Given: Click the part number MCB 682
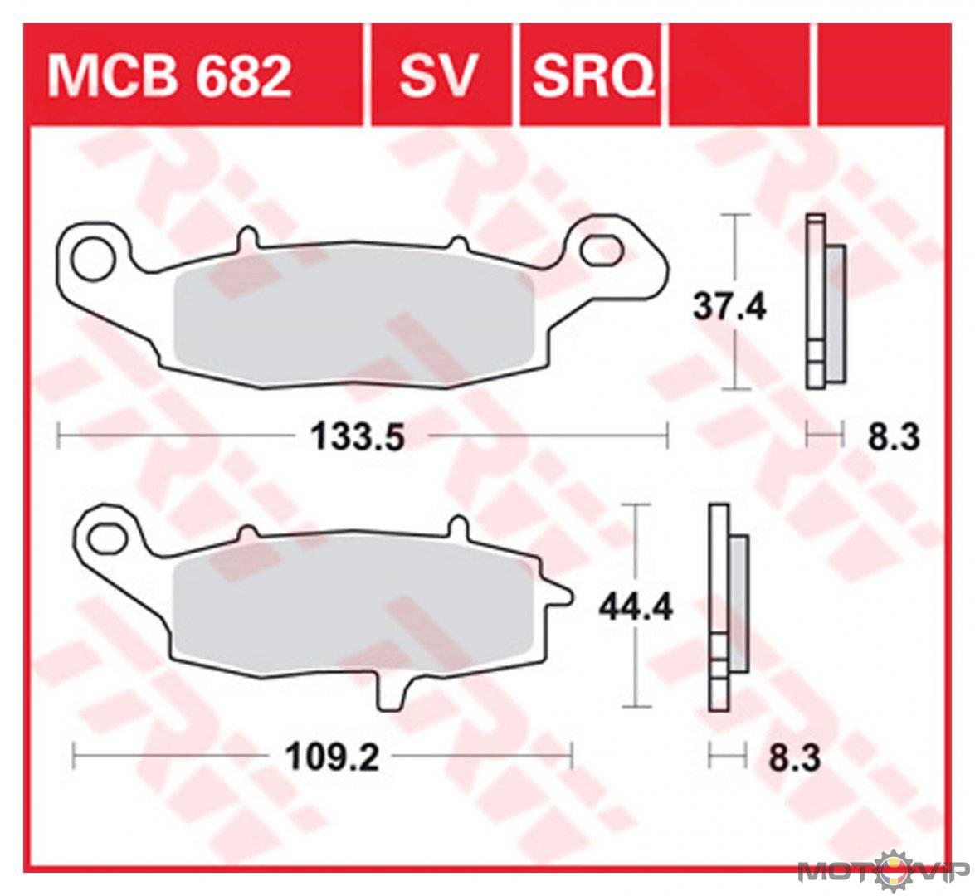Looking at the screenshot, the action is point(169,75).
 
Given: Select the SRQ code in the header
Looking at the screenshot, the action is point(592,75).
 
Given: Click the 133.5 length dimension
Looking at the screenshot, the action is point(357,436).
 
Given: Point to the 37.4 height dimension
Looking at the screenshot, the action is point(729,306).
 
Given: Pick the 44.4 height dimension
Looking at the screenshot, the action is point(636,606).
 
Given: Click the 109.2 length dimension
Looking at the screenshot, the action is point(332,757).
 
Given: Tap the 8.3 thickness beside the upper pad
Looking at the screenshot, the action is point(894,437).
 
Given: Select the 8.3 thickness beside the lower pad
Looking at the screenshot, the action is point(795,758).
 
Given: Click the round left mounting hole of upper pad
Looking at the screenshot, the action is point(93,258).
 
